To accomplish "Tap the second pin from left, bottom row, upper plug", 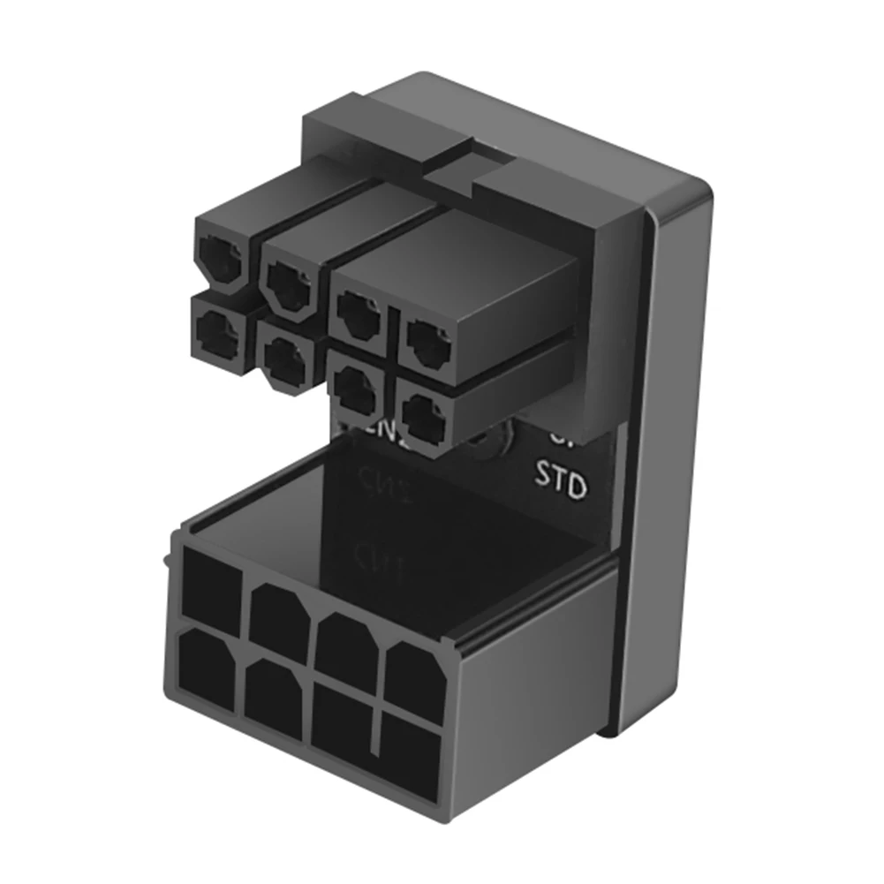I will [x=284, y=357].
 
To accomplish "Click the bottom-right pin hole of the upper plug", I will [x=424, y=417].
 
